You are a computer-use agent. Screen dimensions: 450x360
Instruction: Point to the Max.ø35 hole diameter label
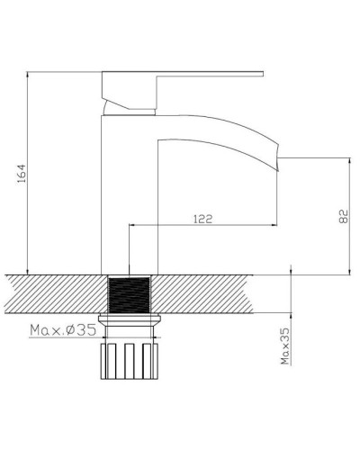click(62, 331)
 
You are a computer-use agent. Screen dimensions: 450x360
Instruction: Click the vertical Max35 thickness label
click(285, 346)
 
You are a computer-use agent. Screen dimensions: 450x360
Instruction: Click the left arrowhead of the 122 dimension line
click(135, 226)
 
